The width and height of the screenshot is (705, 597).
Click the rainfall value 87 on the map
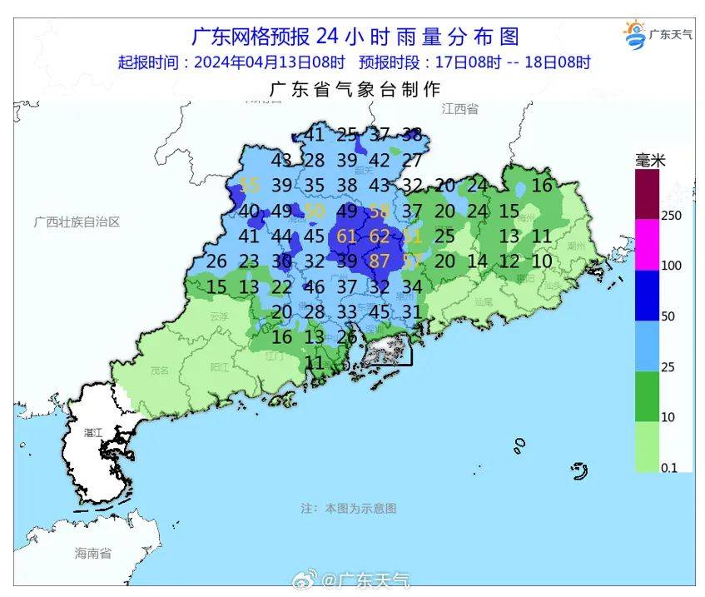[380, 261]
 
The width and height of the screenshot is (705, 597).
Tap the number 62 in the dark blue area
[380, 236]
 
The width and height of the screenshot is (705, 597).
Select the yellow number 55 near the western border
[249, 185]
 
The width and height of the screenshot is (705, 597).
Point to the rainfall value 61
[347, 236]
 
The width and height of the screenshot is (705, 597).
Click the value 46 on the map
[315, 287]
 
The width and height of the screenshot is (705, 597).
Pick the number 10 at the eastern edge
[542, 261]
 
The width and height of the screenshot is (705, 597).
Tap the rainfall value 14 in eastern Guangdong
[477, 261]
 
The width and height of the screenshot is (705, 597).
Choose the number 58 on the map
[380, 211]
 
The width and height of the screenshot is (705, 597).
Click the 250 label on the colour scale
[671, 216]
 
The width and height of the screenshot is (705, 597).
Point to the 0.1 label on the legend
[668, 468]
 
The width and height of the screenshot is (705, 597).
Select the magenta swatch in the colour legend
[647, 245]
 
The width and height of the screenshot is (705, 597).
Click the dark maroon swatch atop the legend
[647, 194]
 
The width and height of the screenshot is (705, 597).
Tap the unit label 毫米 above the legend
[651, 161]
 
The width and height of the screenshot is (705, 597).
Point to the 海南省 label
[92, 553]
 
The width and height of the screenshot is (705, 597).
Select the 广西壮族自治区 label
[77, 222]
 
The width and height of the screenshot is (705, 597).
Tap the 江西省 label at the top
[460, 109]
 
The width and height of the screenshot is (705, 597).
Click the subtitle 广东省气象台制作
[355, 89]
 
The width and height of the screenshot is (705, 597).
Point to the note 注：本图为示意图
[349, 507]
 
